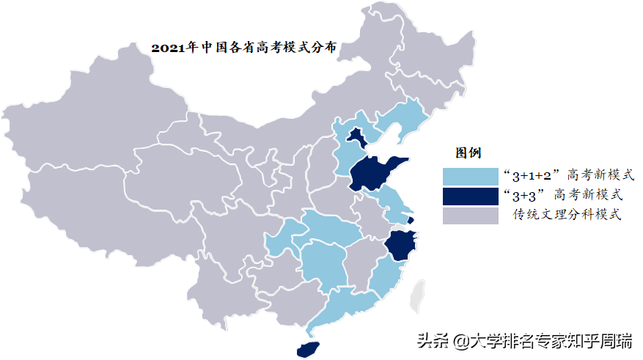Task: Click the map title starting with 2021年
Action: (244, 48)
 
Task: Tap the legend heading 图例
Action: (468, 153)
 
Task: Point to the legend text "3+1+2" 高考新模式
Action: (565, 176)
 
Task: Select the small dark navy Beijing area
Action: (356, 136)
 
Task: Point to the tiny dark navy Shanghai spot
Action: (411, 219)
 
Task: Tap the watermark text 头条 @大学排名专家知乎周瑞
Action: (525, 340)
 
